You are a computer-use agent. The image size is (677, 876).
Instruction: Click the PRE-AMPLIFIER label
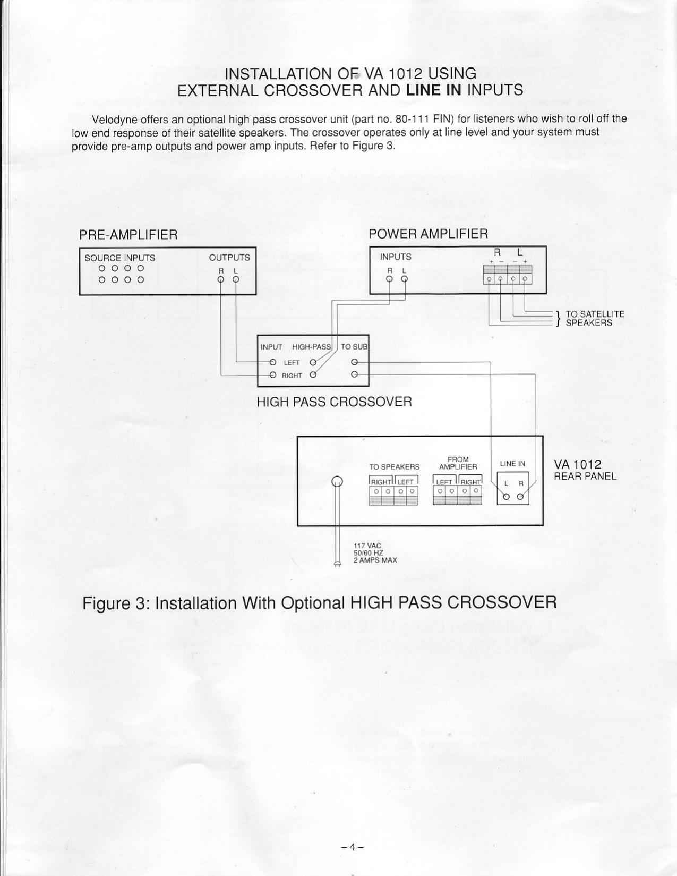click(128, 235)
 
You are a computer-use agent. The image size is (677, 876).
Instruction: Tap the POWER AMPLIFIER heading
click(428, 234)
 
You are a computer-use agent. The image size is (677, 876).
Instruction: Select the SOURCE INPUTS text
click(120, 258)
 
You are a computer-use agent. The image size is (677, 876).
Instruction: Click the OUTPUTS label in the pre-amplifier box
click(229, 258)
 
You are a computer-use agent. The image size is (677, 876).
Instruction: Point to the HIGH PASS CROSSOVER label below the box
click(334, 402)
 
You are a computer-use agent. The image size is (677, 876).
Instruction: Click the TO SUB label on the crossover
click(354, 347)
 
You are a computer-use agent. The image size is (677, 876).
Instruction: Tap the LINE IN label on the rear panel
click(512, 464)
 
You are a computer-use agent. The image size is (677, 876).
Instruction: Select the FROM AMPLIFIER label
click(458, 463)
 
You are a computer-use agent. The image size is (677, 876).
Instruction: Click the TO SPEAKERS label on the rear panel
click(395, 467)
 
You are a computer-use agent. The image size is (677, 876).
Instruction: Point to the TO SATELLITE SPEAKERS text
click(595, 318)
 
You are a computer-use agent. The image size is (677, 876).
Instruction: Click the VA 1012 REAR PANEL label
click(585, 471)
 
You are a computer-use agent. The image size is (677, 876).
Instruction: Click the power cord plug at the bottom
click(337, 564)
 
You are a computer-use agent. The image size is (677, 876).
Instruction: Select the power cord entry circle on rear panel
click(337, 482)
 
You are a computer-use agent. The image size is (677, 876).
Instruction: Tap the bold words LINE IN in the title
click(437, 90)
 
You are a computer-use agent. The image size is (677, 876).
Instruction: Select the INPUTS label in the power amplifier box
click(396, 257)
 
